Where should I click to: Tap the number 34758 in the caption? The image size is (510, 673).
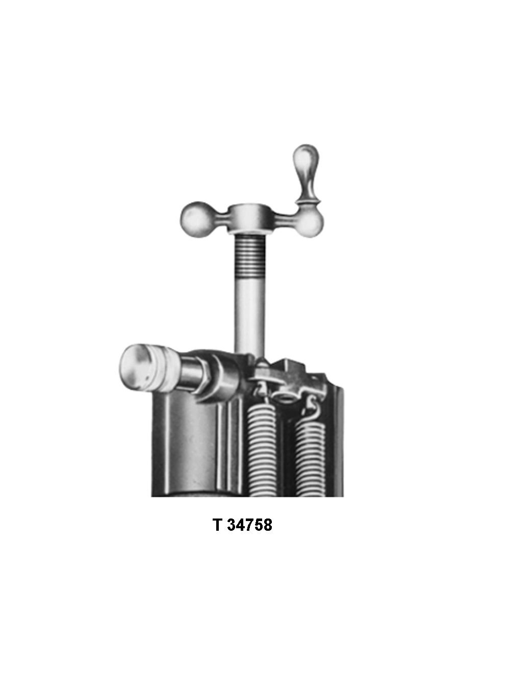pyautogui.click(x=249, y=525)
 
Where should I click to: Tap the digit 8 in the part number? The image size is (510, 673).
pyautogui.click(x=267, y=525)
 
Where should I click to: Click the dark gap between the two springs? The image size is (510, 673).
pyautogui.click(x=286, y=449)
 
